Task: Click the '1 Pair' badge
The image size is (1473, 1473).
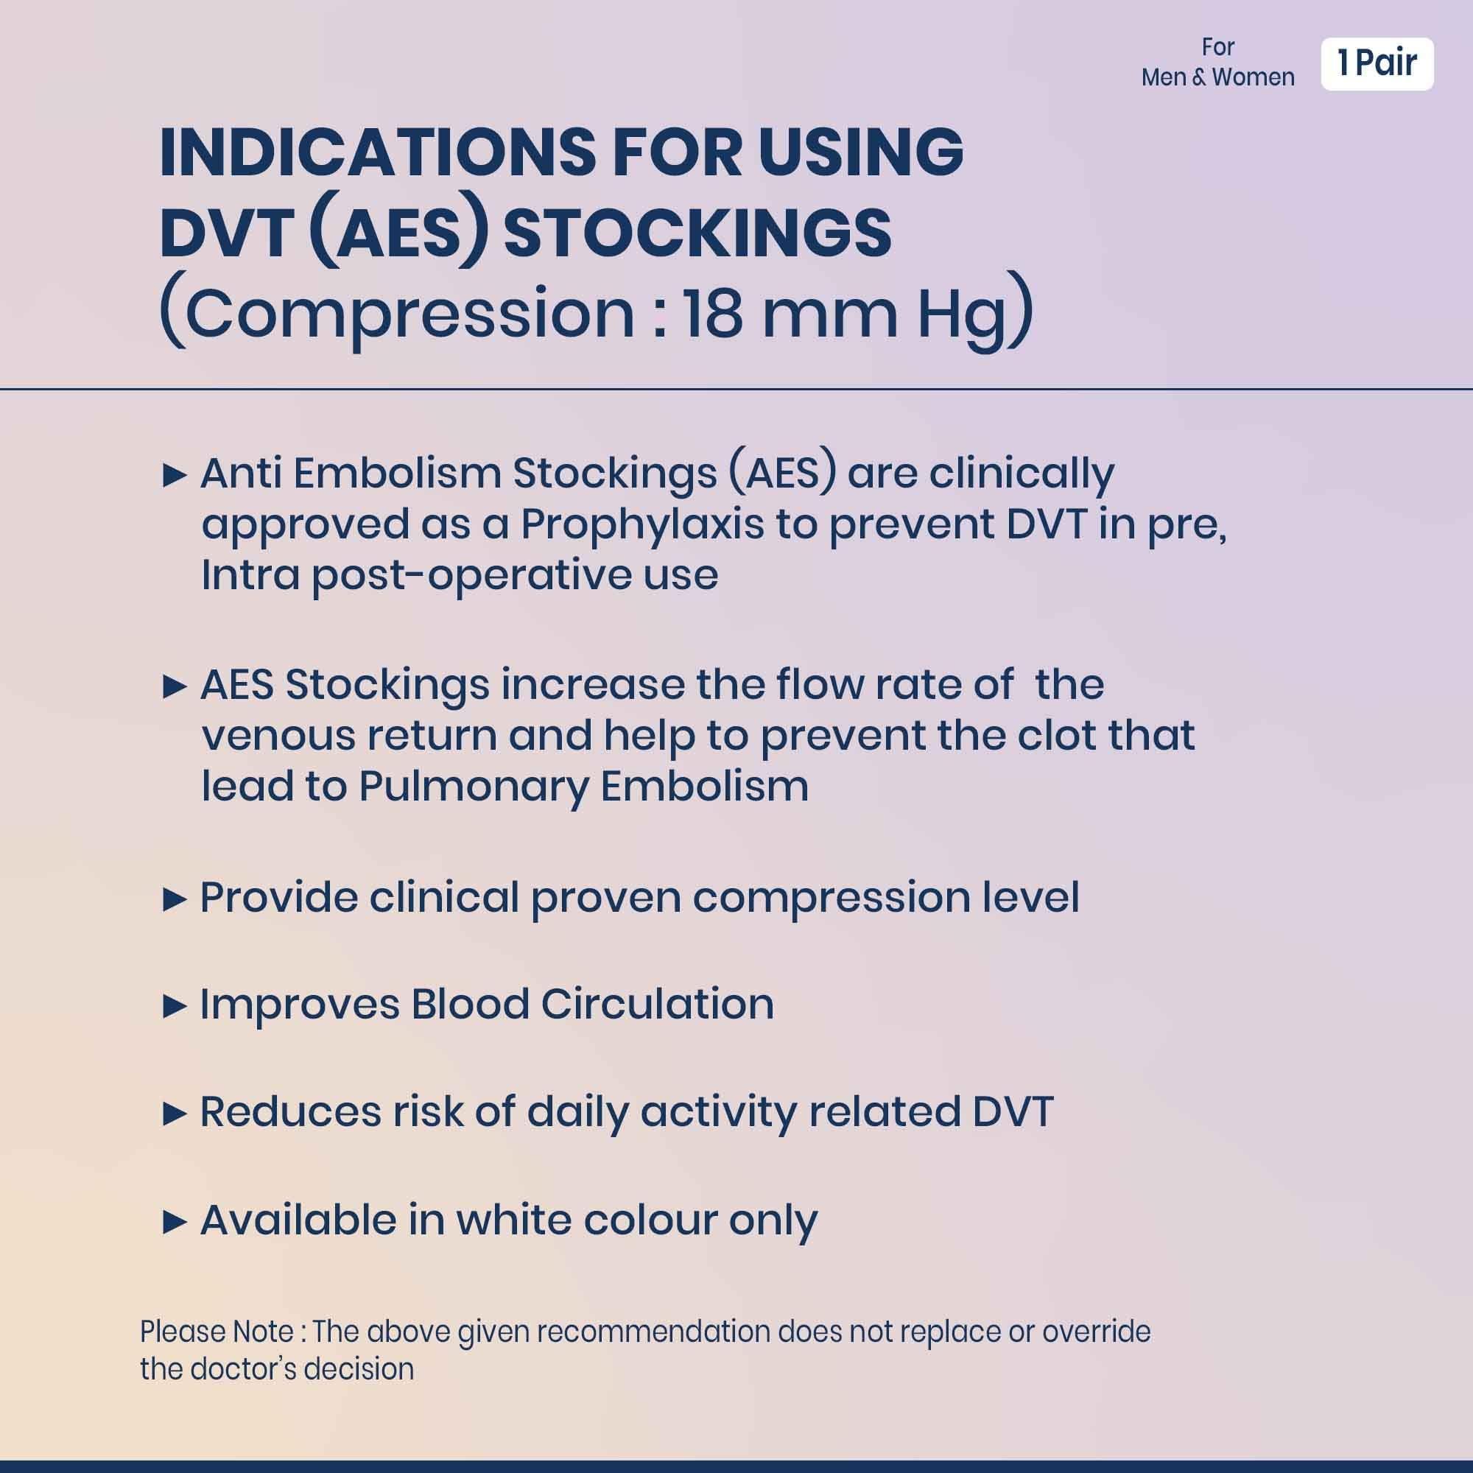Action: tap(1377, 64)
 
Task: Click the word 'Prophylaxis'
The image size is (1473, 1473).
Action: tap(642, 526)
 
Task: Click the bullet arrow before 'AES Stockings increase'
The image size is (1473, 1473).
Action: tap(175, 688)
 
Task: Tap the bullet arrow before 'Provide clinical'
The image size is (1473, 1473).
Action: tap(175, 901)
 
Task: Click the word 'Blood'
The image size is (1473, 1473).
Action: tap(471, 1004)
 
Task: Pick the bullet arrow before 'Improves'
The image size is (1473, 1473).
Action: tap(175, 1007)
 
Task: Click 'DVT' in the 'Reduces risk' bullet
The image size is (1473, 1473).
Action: tap(1013, 1111)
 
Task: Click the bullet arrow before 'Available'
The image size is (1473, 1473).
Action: tap(175, 1223)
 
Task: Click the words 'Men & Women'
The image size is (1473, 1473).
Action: tap(1217, 78)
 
